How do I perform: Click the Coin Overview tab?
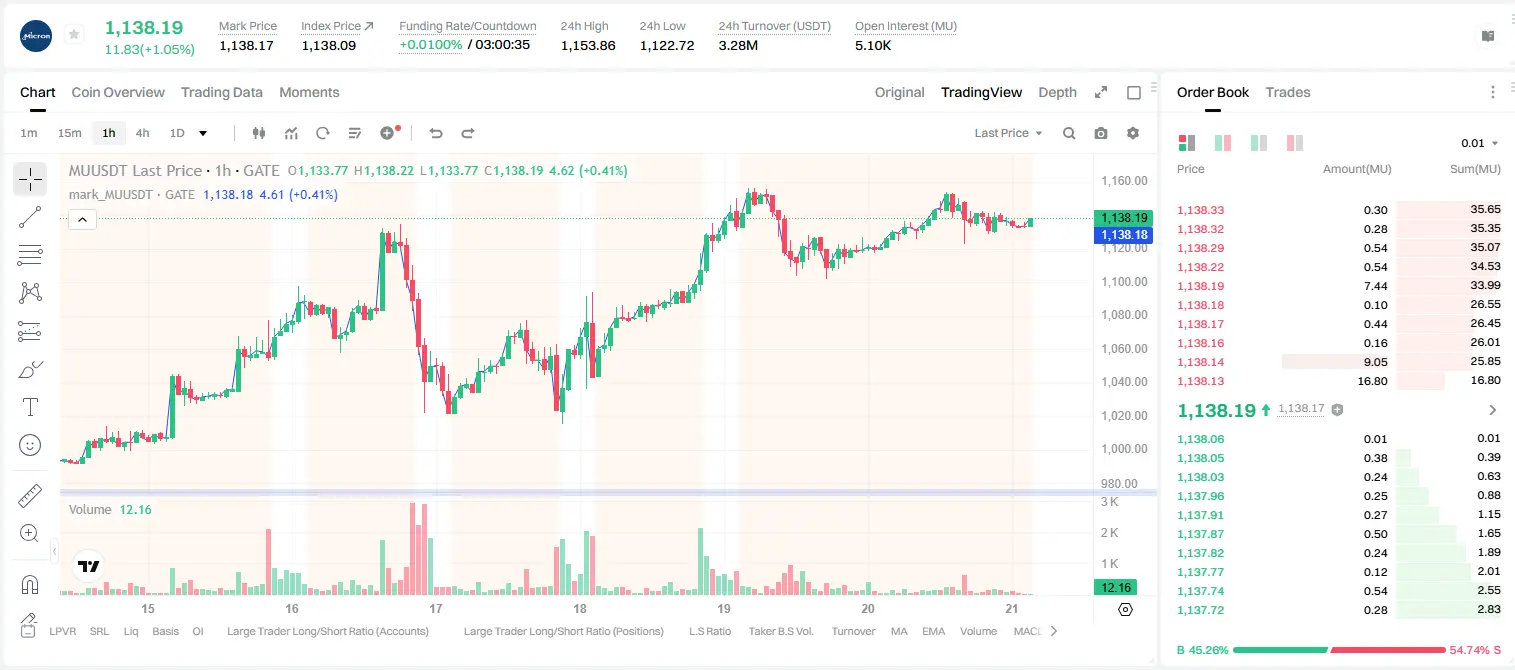tap(118, 92)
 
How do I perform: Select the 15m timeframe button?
tap(69, 133)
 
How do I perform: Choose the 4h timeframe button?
tap(142, 133)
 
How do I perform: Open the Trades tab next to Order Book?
tap(1288, 92)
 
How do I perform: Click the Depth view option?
tap(1057, 92)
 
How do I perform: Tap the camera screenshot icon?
tap(1101, 133)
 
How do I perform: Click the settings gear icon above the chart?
tap(1133, 133)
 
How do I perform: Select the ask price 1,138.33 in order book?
tap(1201, 210)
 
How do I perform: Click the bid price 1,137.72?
tap(1201, 610)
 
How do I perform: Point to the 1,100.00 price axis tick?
tap(1124, 281)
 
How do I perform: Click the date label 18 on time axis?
tap(580, 608)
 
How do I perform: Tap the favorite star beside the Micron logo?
tap(74, 34)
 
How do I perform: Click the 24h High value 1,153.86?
tap(588, 45)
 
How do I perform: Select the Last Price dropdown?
tap(1008, 133)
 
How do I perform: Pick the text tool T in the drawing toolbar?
tap(30, 407)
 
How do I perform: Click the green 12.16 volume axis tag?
tap(1115, 588)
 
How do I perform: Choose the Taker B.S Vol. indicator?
tap(780, 631)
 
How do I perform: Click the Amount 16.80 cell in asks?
tap(1372, 381)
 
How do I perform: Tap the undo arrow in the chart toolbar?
tap(436, 133)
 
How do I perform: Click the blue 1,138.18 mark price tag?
tap(1123, 235)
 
